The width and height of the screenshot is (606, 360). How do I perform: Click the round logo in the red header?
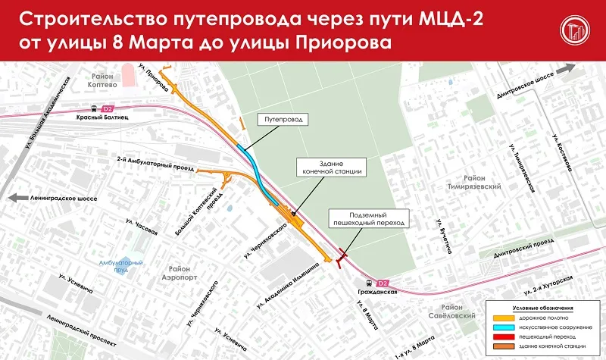pos(574,30)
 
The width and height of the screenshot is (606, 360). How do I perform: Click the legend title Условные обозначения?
pos(537,308)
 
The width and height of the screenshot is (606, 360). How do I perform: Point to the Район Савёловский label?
pos(460,311)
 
